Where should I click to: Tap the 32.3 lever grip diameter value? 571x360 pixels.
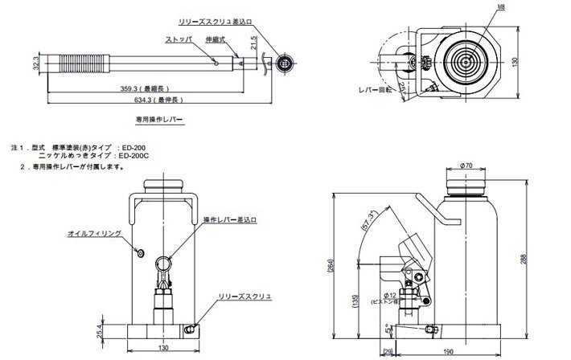tap(35, 63)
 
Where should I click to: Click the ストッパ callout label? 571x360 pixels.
tap(178, 38)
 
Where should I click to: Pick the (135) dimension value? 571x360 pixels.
tap(355, 301)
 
